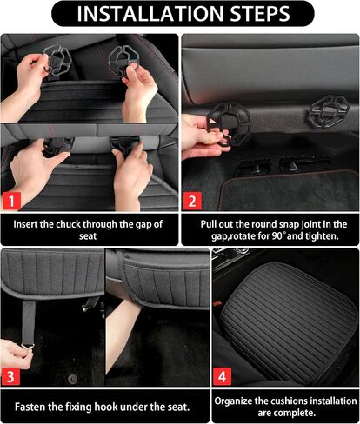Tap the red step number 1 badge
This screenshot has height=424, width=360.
pyautogui.click(x=11, y=201)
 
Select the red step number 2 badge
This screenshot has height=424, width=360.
pyautogui.click(x=192, y=201)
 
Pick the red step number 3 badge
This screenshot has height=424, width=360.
pyautogui.click(x=10, y=377)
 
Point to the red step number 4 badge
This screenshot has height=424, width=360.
pyautogui.click(x=222, y=377)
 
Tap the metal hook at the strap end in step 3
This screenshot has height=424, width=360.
pyautogui.click(x=28, y=346)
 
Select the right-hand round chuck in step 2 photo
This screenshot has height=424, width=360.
pyautogui.click(x=329, y=111)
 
